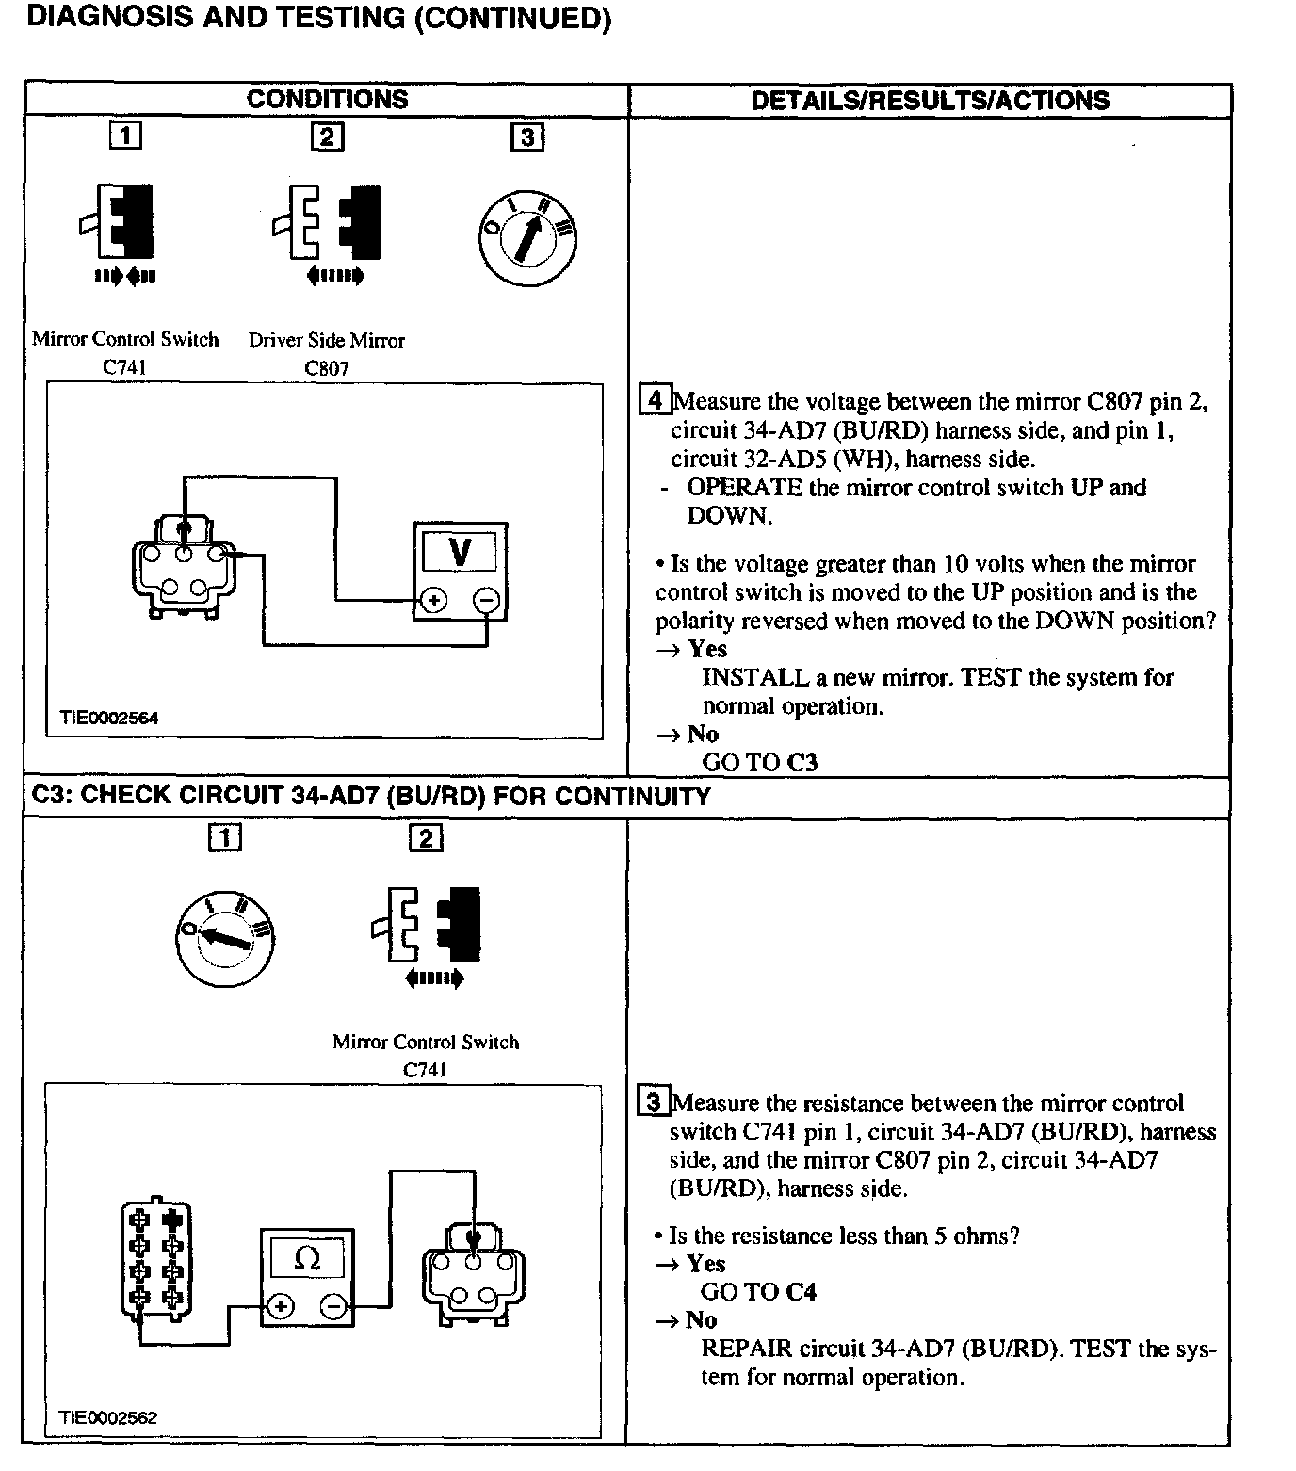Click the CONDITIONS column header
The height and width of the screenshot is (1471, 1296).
[327, 100]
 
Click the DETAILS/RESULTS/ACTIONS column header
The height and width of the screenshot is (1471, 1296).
[930, 101]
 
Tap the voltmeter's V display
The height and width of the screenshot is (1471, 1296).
[460, 551]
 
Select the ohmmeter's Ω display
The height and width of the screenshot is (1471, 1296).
[307, 1258]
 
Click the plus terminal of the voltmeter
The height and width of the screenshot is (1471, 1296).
[433, 600]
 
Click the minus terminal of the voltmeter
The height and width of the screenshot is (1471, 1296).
[486, 600]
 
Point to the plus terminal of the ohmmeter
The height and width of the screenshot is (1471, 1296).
[281, 1306]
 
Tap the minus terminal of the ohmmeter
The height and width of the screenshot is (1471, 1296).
[333, 1306]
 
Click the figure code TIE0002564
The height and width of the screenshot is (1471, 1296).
[109, 718]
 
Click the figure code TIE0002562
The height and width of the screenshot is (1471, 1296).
[108, 1417]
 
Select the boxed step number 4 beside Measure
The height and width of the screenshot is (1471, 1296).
[655, 400]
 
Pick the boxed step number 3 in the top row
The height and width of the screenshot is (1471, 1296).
[526, 137]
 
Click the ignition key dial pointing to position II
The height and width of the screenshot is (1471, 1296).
[527, 239]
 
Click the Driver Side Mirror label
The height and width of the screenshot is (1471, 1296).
[326, 341]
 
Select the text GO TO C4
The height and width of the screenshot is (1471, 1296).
[758, 1291]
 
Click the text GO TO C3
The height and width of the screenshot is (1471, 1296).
[760, 762]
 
